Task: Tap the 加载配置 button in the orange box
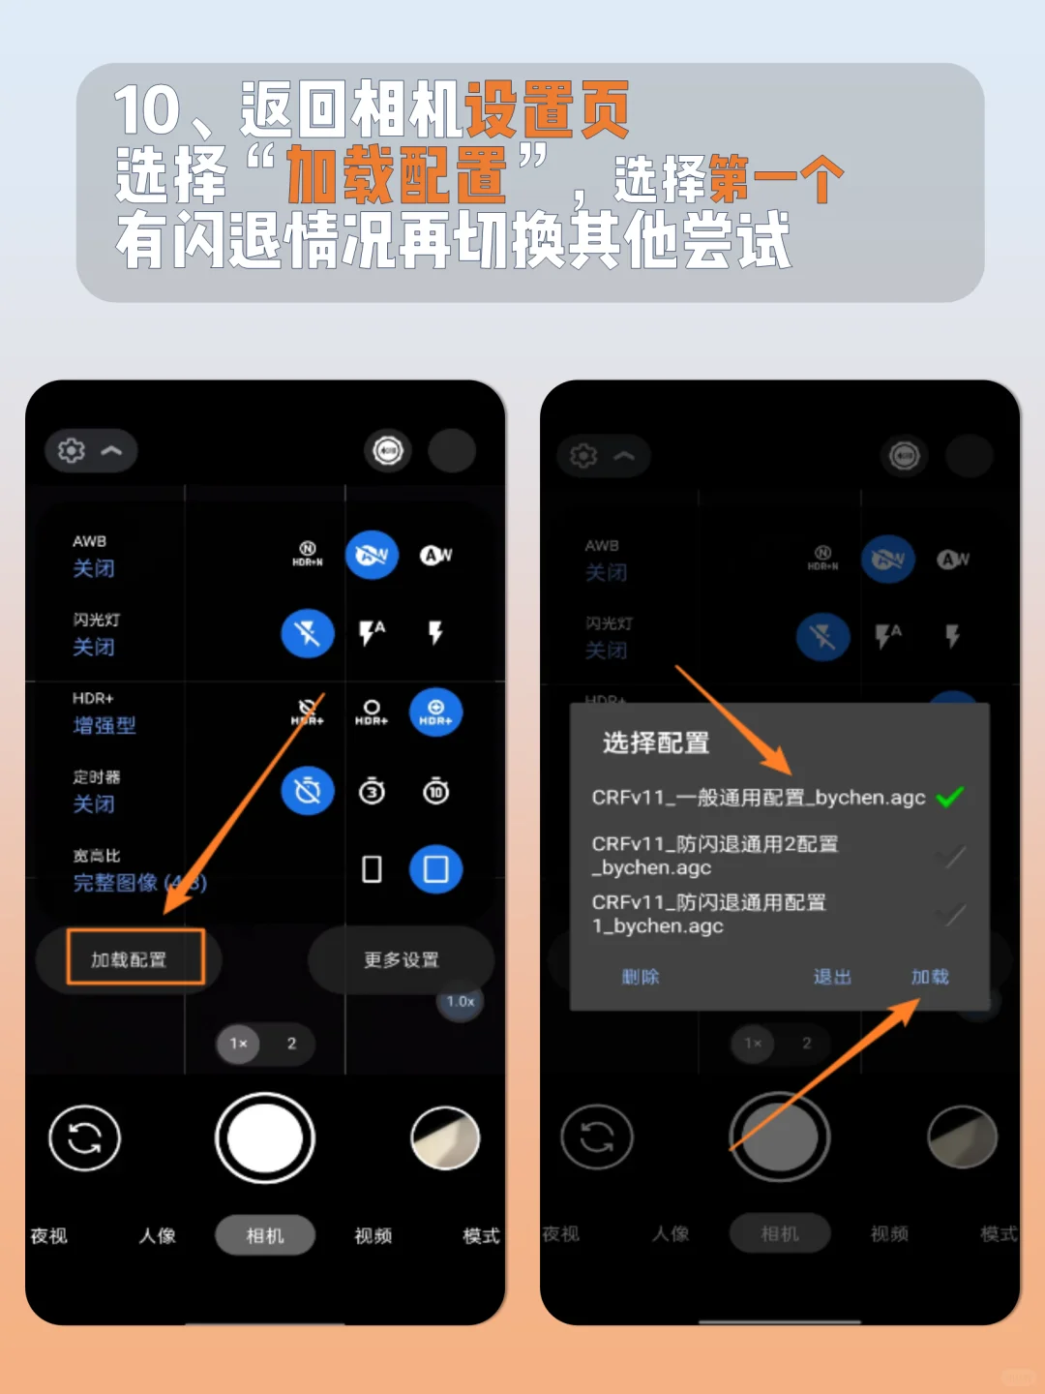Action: tap(134, 958)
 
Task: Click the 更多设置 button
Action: tap(401, 959)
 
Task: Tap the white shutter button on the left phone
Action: tap(264, 1138)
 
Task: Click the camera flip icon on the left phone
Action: tap(85, 1137)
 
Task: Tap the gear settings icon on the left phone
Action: tap(72, 450)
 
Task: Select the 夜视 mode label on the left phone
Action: tap(49, 1235)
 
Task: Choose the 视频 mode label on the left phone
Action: tap(373, 1235)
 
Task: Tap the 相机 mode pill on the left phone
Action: tap(265, 1235)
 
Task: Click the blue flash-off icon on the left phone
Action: tap(308, 634)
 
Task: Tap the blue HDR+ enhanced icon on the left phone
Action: tap(435, 712)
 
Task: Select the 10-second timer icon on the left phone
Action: tap(435, 792)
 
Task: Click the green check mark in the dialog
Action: tap(950, 797)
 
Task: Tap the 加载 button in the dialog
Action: tap(929, 977)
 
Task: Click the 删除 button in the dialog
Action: tap(640, 977)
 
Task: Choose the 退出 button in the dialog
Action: tap(832, 977)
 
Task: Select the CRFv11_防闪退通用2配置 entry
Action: tap(714, 856)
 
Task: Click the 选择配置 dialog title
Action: tap(656, 742)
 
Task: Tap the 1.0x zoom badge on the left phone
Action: tap(461, 1001)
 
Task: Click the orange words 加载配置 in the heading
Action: tap(396, 175)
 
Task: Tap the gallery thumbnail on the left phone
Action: tap(445, 1138)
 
